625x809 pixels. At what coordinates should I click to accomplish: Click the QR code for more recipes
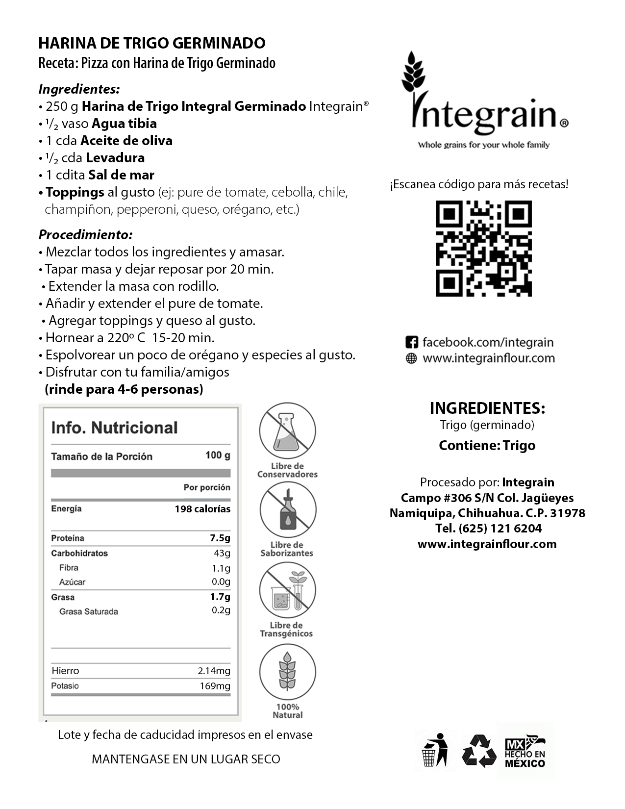coord(483,248)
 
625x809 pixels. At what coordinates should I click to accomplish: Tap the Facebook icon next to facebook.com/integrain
coord(412,342)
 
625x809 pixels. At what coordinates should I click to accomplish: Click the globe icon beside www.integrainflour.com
coord(412,358)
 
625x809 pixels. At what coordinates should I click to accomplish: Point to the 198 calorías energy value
coord(202,509)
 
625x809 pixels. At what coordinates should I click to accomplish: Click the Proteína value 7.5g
coord(220,538)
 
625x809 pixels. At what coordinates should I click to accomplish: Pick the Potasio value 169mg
coord(215,686)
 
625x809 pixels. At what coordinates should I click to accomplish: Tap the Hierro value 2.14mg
coord(214,671)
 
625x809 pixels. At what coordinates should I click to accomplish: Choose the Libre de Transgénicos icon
coord(288,590)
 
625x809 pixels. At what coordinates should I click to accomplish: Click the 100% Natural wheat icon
coord(288,671)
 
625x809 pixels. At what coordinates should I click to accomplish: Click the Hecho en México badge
coord(525,751)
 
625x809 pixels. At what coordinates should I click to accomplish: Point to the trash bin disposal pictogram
coord(435,750)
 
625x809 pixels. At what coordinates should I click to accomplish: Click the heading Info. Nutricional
coord(114,428)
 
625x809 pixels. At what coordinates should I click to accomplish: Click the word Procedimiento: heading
coord(86,234)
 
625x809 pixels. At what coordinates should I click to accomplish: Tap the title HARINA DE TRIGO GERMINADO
coord(152,43)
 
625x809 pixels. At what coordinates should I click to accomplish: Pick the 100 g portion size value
coord(218,455)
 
